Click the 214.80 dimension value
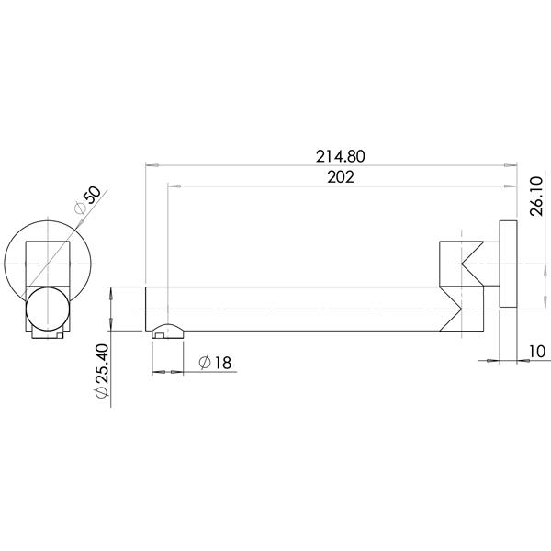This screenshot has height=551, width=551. [x=340, y=156]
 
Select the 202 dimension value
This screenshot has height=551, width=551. [x=340, y=178]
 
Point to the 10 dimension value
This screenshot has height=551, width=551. [x=536, y=350]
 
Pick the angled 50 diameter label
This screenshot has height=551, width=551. [x=95, y=201]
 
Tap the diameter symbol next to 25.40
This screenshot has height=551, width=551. [x=102, y=390]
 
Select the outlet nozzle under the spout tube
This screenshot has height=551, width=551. [x=166, y=332]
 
